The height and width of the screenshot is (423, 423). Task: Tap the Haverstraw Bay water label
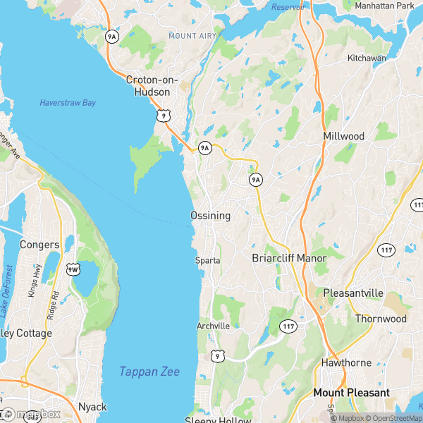67,103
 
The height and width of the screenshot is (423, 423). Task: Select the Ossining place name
210,216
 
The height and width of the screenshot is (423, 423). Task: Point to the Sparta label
208,261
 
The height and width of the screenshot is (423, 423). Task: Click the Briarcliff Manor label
289,258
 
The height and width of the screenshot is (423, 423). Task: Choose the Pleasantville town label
352,293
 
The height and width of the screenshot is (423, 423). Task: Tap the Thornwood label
380,319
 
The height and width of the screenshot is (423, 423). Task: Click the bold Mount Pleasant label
352,393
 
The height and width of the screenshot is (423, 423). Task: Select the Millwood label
344,135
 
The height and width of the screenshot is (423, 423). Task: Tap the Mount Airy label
191,35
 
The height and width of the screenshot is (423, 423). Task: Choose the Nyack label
93,407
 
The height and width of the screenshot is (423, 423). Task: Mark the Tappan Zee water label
149,372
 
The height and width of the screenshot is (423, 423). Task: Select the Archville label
213,326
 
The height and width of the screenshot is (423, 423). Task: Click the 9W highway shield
73,268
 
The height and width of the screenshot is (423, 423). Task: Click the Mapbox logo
32,414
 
